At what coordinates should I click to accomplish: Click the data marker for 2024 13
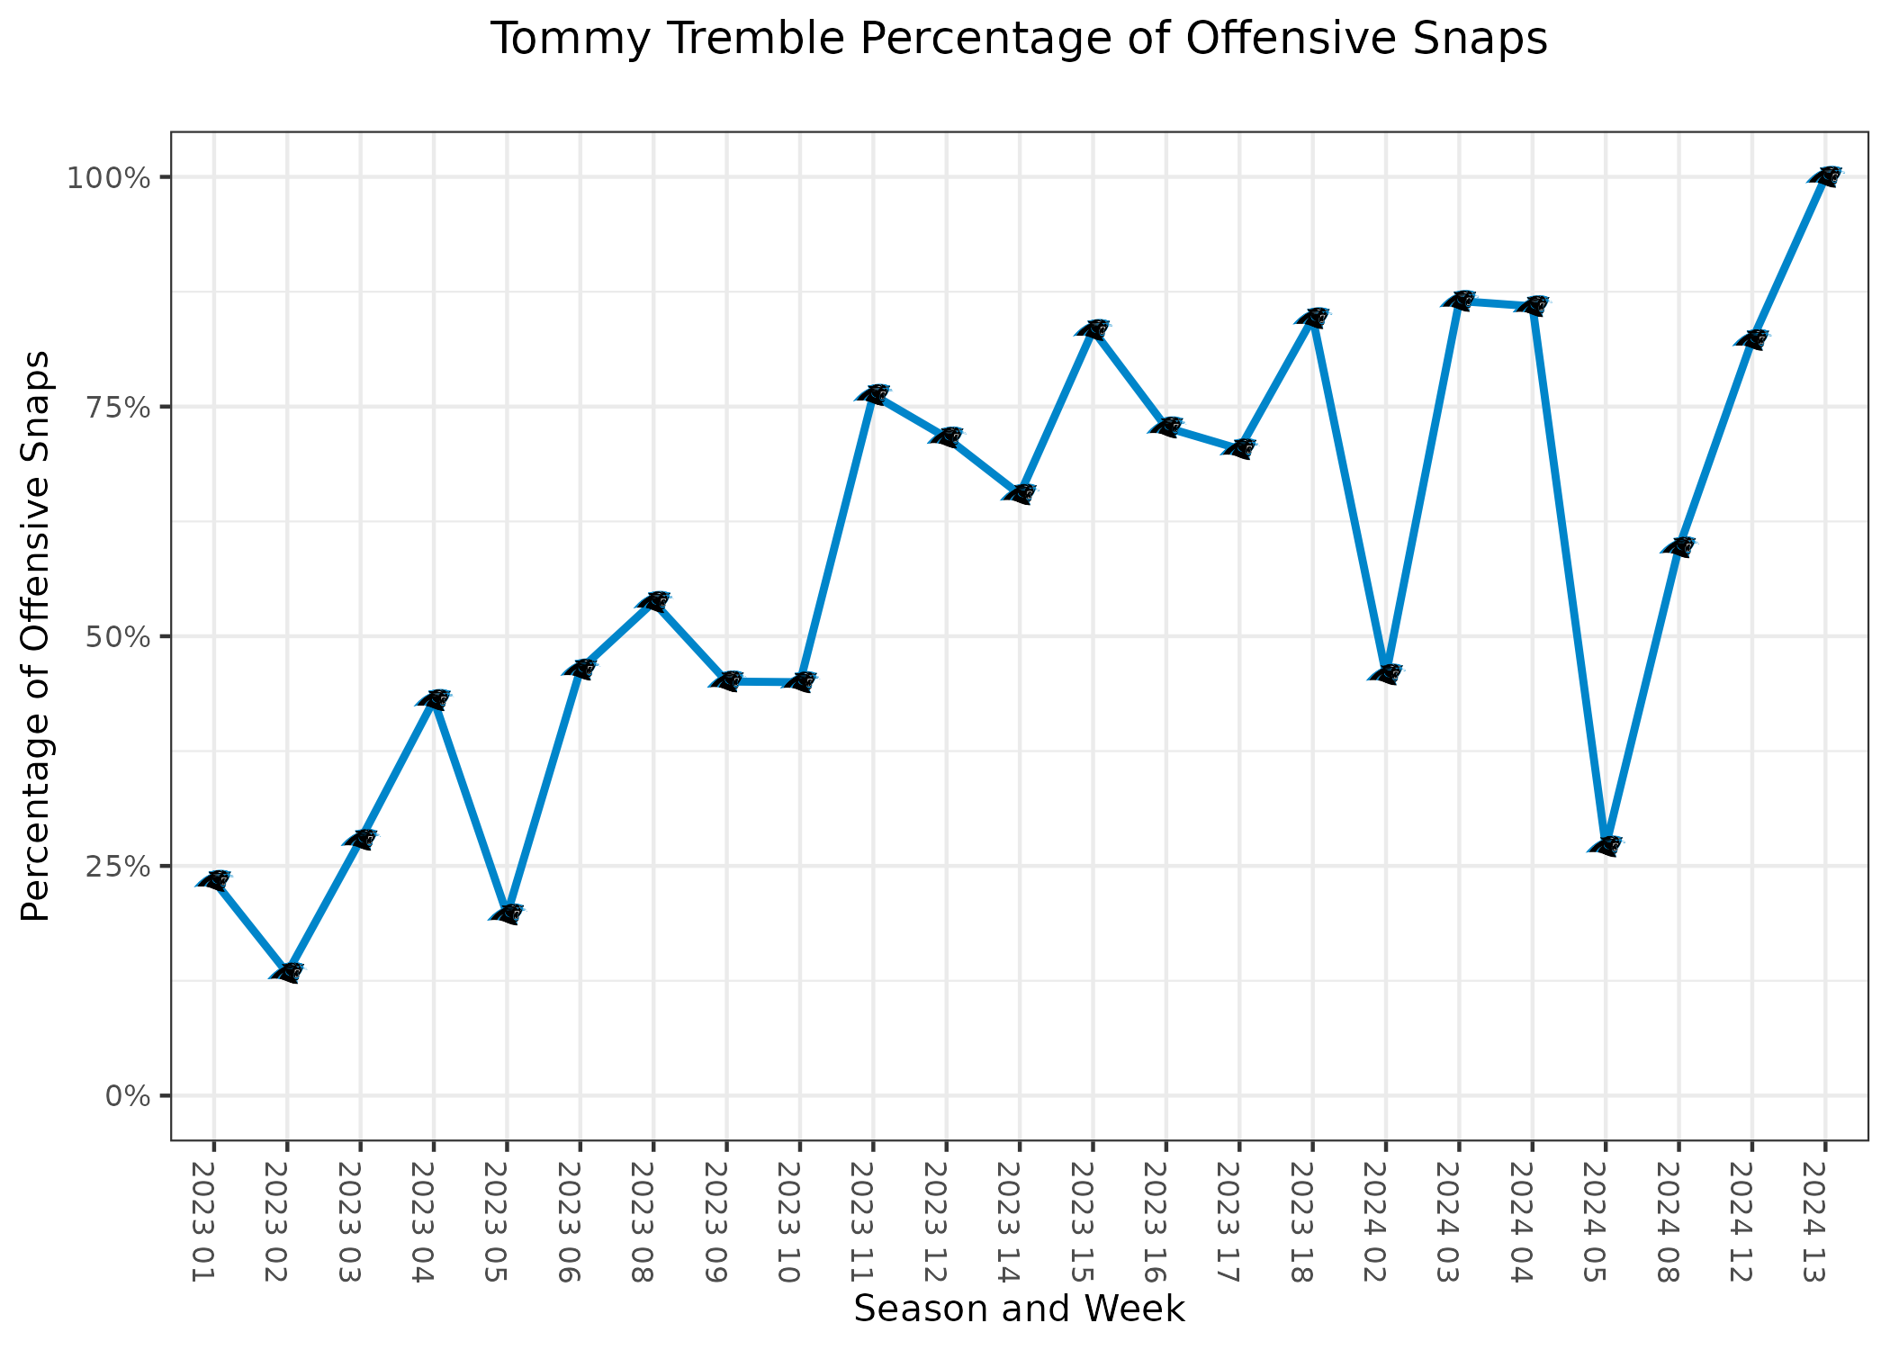(1824, 176)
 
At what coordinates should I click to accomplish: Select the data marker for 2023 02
(287, 972)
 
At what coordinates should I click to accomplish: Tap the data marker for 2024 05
(1605, 846)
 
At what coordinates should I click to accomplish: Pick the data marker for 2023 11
(873, 393)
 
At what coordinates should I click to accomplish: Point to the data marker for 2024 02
(1385, 673)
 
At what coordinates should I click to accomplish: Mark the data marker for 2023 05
(507, 913)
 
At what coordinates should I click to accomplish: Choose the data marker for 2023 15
(1093, 328)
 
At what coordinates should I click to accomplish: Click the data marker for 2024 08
(1678, 546)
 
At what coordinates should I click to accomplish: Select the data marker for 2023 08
(653, 601)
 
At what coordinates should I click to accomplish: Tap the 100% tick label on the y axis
(106, 177)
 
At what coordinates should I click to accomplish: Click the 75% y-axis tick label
(116, 407)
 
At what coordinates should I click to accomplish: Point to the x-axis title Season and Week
(1019, 1309)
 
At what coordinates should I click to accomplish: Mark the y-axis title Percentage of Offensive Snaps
(36, 635)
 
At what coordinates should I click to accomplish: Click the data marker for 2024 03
(1459, 301)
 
